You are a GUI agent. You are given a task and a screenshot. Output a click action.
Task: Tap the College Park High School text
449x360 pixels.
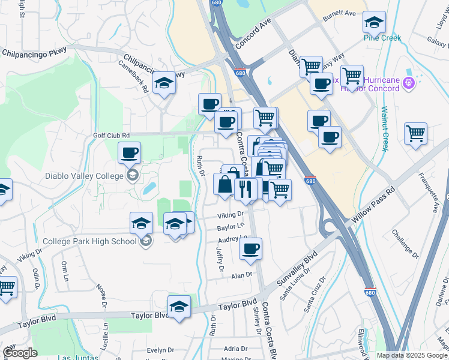[x=90, y=242]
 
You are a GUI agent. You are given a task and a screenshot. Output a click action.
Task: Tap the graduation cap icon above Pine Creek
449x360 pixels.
[x=374, y=23]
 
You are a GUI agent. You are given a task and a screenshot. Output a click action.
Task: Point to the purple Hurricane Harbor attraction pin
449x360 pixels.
[x=409, y=82]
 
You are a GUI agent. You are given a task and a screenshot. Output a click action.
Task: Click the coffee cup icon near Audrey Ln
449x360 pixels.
[x=250, y=248]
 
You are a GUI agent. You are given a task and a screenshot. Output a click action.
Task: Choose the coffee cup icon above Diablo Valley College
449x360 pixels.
[x=129, y=154]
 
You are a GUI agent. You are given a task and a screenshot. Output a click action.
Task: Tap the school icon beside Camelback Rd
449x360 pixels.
[x=163, y=84]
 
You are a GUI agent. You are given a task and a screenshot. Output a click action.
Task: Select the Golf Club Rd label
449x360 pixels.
[x=111, y=136]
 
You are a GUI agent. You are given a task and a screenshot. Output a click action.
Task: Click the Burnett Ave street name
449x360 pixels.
[x=339, y=13]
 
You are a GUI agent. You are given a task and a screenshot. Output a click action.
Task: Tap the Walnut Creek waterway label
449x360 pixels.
[x=385, y=129]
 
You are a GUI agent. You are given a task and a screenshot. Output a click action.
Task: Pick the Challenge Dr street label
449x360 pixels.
[x=405, y=241]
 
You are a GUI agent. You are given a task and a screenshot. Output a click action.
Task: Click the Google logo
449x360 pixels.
[x=20, y=353]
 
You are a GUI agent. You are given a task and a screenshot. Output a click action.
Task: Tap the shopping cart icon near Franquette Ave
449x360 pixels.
[x=415, y=134]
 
